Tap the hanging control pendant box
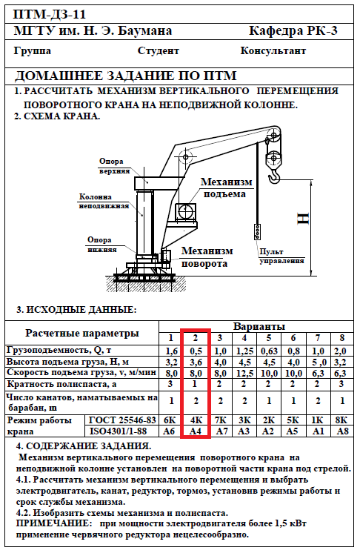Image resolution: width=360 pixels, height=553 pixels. tap(258, 231)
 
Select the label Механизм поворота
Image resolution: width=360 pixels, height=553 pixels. tap(207, 257)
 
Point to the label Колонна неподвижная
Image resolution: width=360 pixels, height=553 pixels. tap(104, 201)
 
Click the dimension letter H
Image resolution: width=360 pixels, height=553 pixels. tap(303, 219)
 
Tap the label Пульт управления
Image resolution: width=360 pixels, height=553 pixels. tap(281, 256)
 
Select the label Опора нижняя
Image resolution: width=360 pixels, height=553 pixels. tap(102, 245)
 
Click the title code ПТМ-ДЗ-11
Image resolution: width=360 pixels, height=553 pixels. tap(50, 15)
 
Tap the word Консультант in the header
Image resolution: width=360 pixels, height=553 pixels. tap(273, 51)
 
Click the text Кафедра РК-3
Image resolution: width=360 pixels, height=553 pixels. tap(293, 31)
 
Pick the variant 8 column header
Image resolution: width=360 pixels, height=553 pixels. tap(341, 338)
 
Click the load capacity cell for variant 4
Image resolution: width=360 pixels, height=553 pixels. tap(244, 351)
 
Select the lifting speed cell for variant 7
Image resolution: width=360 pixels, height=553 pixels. tap(318, 373)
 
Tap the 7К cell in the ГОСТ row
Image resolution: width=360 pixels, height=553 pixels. tap(220, 420)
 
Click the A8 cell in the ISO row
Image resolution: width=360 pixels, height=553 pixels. tap(342, 431)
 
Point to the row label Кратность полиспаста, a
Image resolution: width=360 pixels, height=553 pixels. tap(62, 384)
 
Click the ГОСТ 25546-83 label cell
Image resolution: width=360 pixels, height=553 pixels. tap(122, 420)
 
